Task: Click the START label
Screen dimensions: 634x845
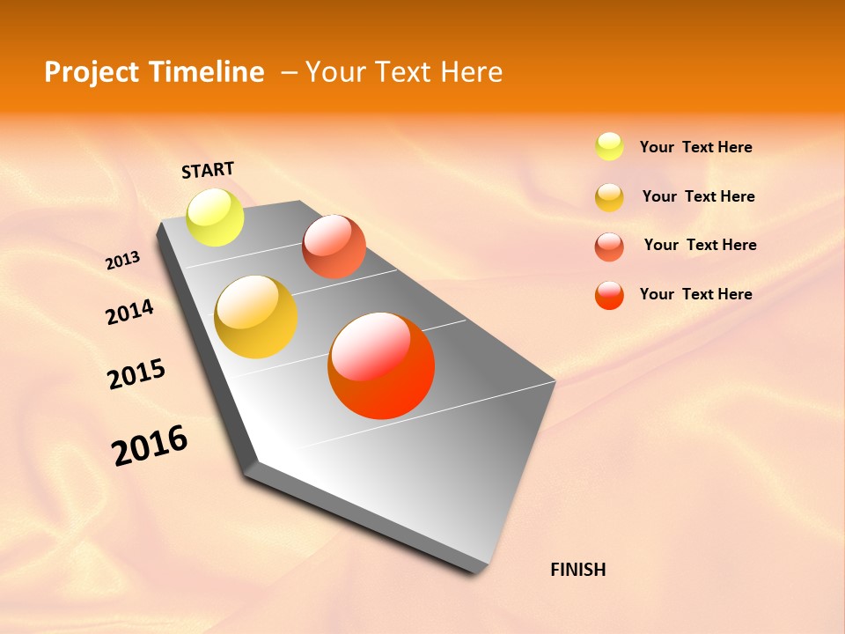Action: click(208, 170)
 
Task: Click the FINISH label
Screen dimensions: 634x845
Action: click(578, 570)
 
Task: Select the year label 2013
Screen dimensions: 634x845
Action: click(122, 261)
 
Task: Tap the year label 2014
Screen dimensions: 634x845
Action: click(129, 312)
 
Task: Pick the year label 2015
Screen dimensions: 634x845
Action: click(136, 374)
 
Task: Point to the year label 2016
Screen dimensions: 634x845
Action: click(150, 446)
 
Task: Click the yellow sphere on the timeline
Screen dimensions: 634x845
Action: click(215, 217)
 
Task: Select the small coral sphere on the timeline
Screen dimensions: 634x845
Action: click(334, 247)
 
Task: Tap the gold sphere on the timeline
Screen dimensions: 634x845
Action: click(256, 317)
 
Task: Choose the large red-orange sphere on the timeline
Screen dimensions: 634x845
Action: click(381, 365)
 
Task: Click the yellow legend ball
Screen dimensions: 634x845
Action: click(609, 147)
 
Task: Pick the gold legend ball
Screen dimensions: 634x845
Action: click(609, 197)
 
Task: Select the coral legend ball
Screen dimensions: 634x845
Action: click(609, 247)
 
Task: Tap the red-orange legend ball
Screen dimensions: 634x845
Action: click(609, 295)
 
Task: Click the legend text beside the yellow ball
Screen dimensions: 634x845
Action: click(695, 147)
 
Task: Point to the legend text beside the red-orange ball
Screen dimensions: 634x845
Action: click(695, 294)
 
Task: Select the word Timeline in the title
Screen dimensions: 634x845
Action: click(209, 72)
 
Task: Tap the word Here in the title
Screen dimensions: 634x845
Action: click(471, 72)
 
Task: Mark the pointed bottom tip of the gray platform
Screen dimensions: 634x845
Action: click(480, 572)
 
